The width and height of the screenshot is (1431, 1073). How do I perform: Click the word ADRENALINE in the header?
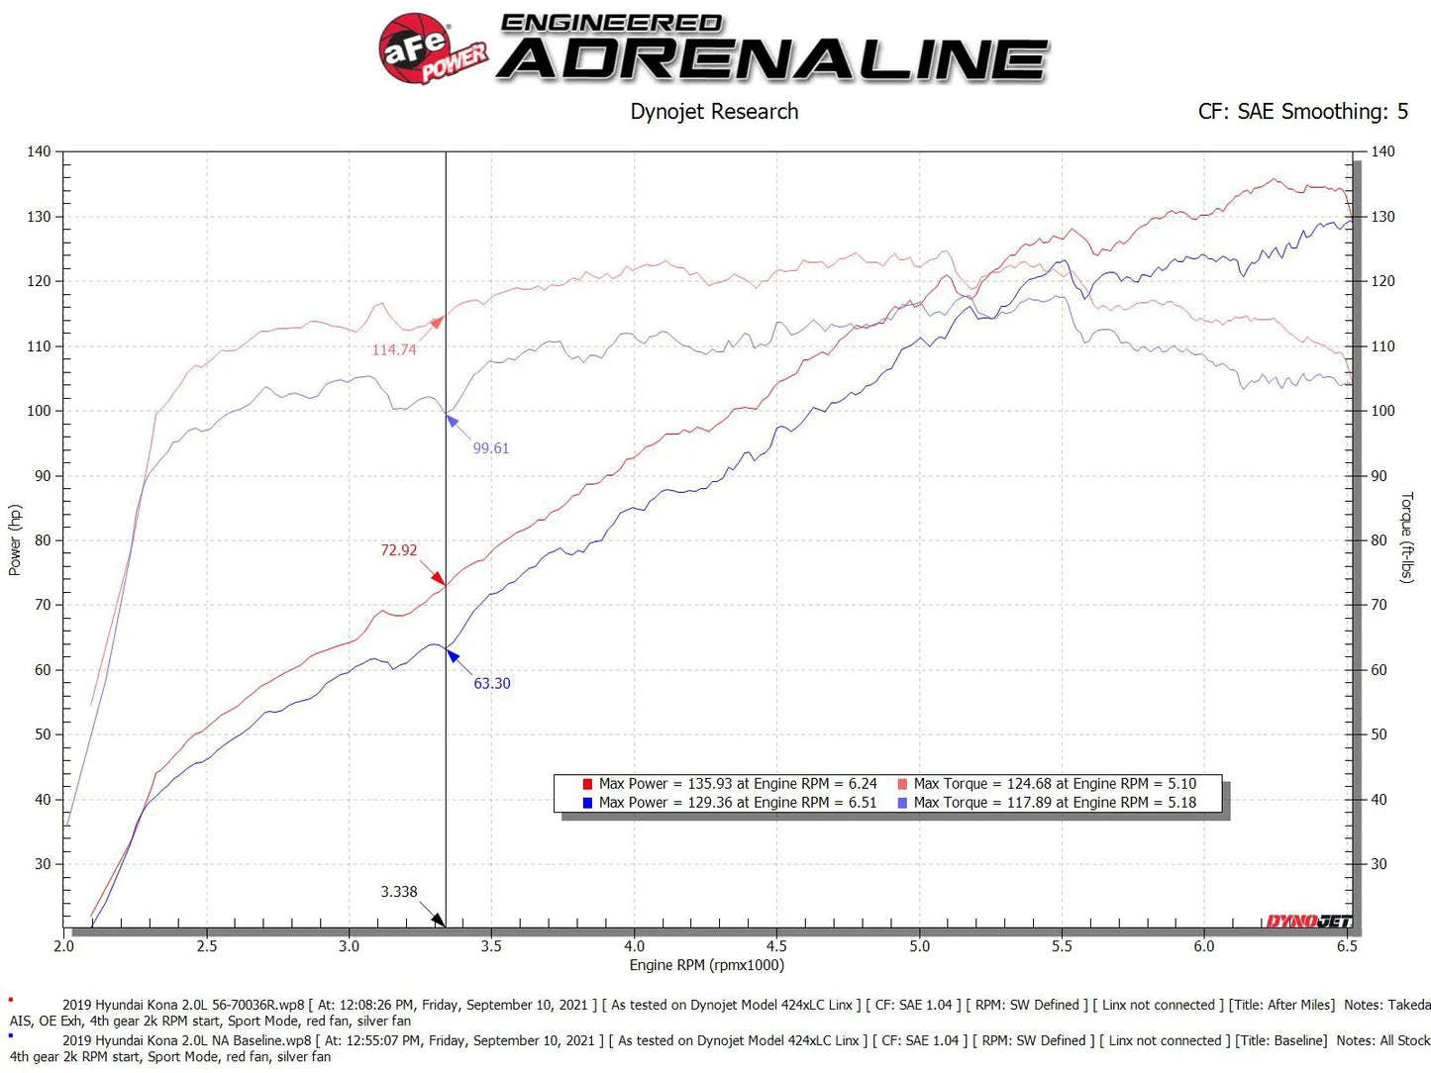click(x=772, y=59)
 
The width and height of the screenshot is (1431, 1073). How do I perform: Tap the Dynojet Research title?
click(x=714, y=112)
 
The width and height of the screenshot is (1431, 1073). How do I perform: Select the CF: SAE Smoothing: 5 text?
click(x=1302, y=112)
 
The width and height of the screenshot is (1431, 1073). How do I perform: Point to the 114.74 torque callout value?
click(x=394, y=350)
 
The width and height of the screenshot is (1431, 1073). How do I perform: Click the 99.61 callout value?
click(x=490, y=448)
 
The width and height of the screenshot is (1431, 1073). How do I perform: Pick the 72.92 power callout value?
click(x=399, y=550)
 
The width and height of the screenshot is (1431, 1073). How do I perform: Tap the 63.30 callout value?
click(x=491, y=684)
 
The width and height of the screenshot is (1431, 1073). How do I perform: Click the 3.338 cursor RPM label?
click(x=399, y=892)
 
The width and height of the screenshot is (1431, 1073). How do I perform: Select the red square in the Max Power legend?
click(x=587, y=784)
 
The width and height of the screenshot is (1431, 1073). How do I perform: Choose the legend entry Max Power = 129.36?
click(x=738, y=803)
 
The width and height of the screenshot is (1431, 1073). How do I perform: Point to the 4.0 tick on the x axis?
click(x=634, y=946)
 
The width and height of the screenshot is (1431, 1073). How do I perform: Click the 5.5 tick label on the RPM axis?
click(x=1062, y=946)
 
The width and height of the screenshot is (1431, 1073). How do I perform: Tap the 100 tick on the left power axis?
click(x=39, y=411)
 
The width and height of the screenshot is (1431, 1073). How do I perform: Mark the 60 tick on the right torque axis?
click(x=1379, y=670)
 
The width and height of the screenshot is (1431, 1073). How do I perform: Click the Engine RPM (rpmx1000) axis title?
click(x=706, y=965)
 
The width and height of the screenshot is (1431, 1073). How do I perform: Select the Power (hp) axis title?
click(x=15, y=540)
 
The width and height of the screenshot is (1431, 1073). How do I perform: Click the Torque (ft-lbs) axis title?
click(x=1406, y=536)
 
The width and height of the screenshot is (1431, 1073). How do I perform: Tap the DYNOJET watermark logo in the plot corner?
click(x=1308, y=922)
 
